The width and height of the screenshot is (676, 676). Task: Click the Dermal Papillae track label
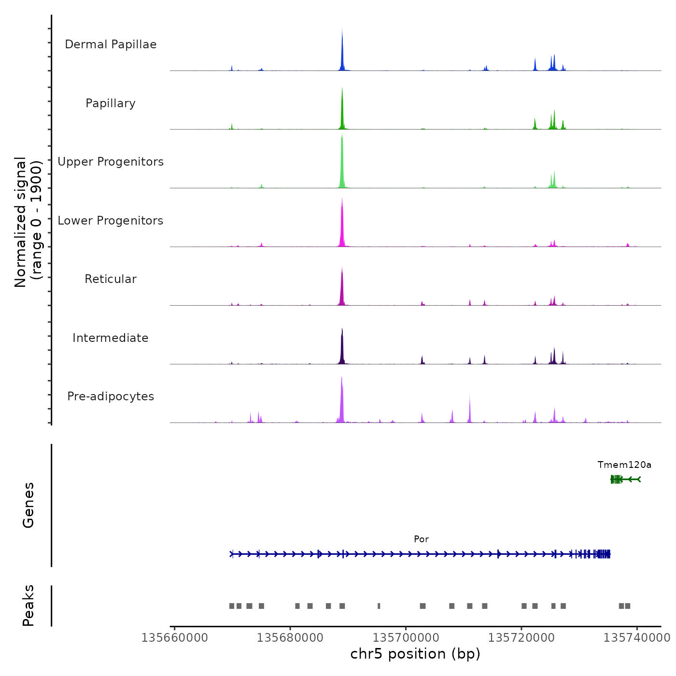[111, 44]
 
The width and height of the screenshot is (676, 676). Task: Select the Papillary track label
[111, 103]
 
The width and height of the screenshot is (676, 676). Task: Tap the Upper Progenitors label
[111, 162]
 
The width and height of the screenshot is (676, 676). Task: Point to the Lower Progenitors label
[111, 221]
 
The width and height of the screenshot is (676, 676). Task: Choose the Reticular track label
[111, 279]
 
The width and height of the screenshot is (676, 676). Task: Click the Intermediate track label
[111, 338]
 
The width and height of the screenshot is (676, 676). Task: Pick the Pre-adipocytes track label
[111, 396]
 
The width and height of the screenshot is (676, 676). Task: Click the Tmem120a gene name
[624, 465]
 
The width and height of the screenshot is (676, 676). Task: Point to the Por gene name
[421, 539]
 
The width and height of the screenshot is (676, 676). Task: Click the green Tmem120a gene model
[625, 479]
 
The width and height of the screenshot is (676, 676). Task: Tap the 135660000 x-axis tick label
[174, 638]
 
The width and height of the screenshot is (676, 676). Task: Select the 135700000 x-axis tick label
[406, 638]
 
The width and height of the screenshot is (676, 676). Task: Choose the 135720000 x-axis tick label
[521, 638]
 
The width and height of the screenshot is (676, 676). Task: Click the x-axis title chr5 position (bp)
[415, 654]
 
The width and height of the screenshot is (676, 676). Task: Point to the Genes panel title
[28, 505]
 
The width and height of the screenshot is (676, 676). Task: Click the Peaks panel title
[28, 606]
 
